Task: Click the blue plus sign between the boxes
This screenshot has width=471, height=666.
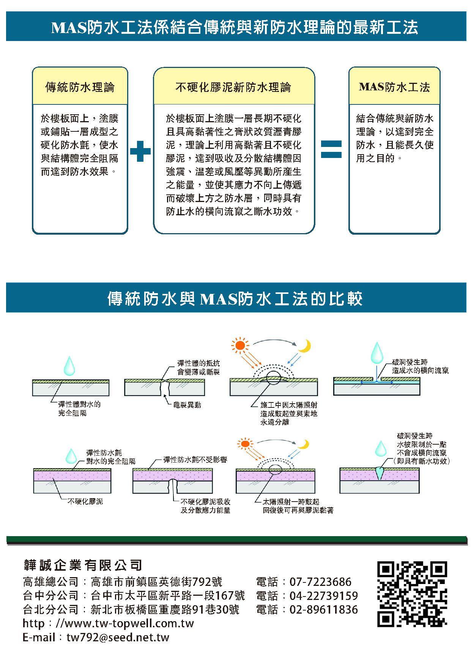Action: pyautogui.click(x=140, y=151)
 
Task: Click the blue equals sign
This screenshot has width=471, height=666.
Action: pyautogui.click(x=331, y=149)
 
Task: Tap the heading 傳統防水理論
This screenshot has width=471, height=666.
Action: pyautogui.click(x=80, y=87)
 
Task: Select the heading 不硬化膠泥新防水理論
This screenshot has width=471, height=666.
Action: pyautogui.click(x=233, y=87)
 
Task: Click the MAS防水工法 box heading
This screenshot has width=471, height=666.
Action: pyautogui.click(x=394, y=87)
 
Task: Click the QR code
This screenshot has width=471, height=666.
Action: pyautogui.click(x=412, y=594)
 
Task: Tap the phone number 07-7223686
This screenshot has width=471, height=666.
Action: pyautogui.click(x=320, y=582)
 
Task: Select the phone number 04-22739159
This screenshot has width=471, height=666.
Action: pyautogui.click(x=323, y=595)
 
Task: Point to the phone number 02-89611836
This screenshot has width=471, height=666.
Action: pyautogui.click(x=323, y=609)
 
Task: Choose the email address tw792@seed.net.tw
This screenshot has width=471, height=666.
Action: pyautogui.click(x=118, y=637)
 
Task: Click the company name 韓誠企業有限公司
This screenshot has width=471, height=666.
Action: pyautogui.click(x=83, y=565)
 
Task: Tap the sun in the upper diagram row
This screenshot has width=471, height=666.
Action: pyautogui.click(x=240, y=345)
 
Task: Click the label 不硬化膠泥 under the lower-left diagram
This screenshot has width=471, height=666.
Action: pyautogui.click(x=85, y=501)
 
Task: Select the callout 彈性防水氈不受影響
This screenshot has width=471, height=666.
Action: pyautogui.click(x=195, y=460)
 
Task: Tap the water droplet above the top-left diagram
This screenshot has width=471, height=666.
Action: pyautogui.click(x=69, y=365)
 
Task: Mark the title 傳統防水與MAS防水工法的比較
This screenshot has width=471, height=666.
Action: pyautogui.click(x=235, y=298)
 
